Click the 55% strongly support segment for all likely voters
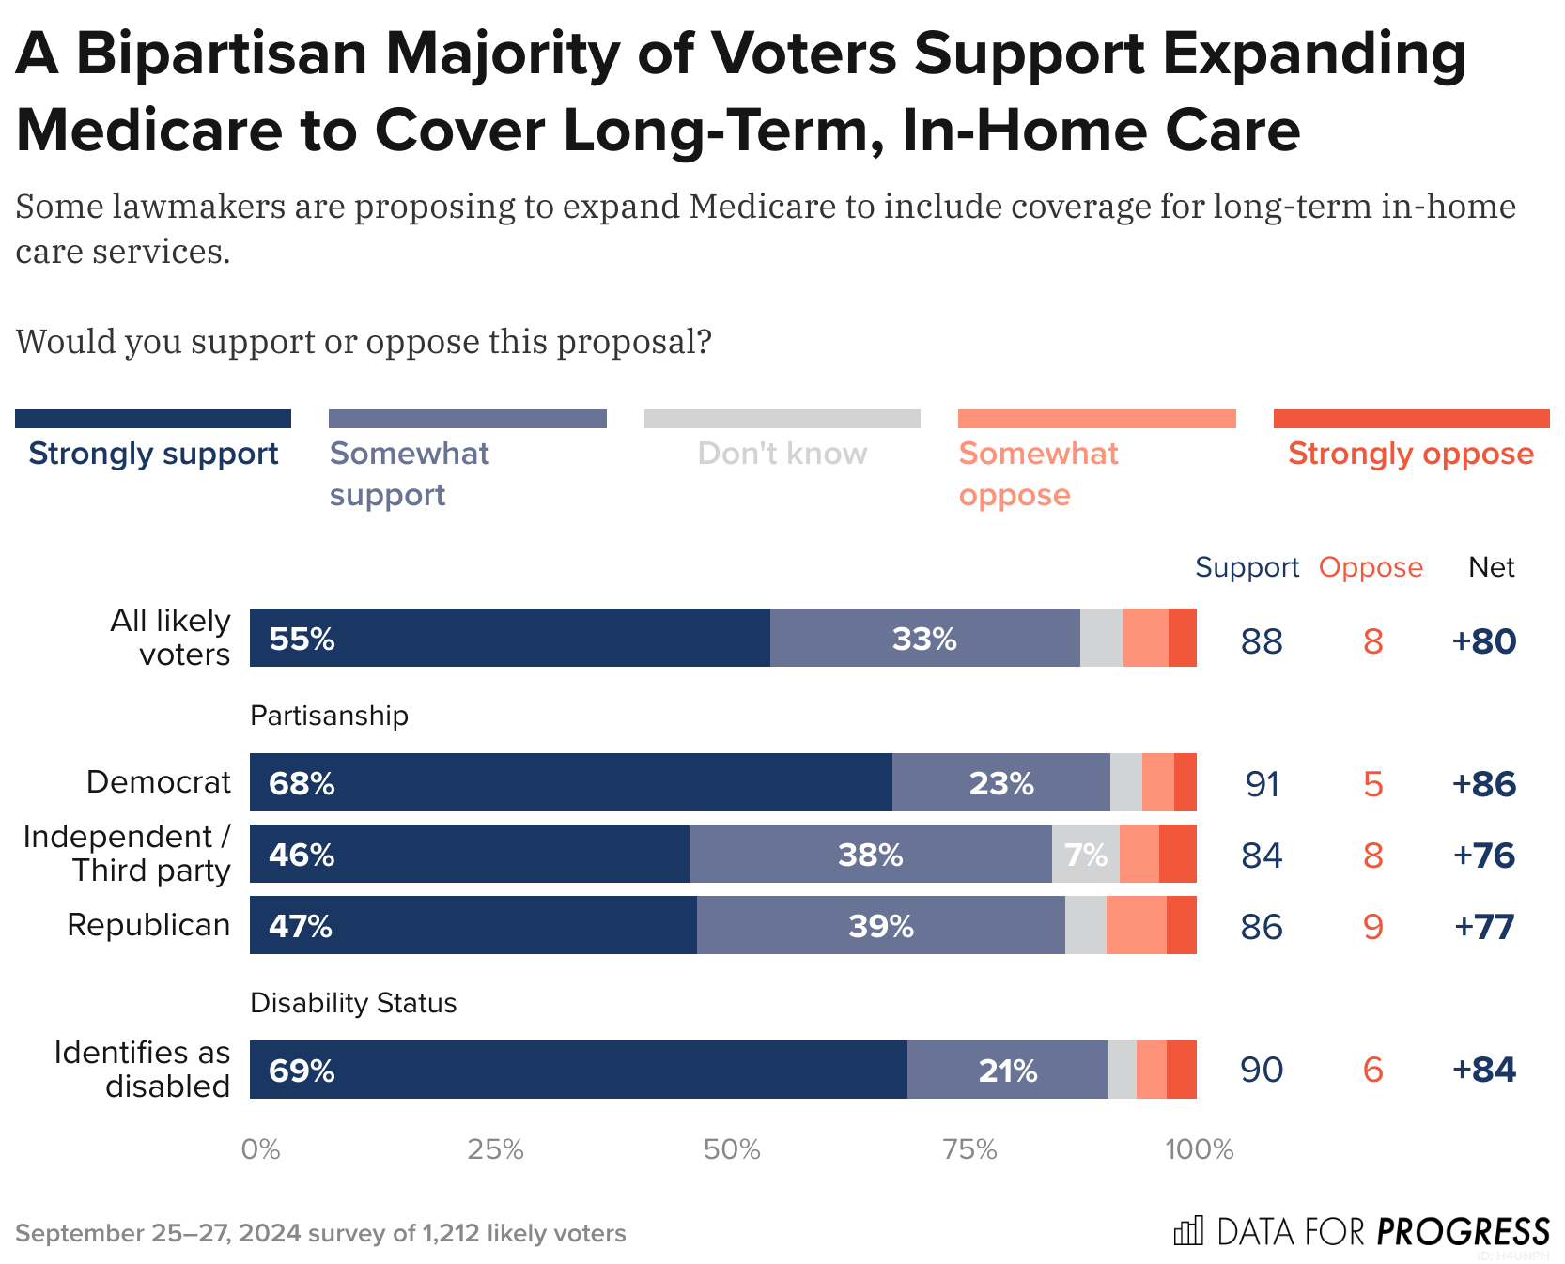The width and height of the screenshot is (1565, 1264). coord(509,639)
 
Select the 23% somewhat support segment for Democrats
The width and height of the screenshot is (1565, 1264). coord(1001,783)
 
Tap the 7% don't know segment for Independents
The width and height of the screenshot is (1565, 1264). coord(1085,855)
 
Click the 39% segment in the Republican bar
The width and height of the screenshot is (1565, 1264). coord(881,926)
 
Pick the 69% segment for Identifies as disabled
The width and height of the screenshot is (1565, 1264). coord(578,1071)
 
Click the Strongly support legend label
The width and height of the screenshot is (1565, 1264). coord(153,454)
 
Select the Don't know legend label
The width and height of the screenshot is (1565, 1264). coord(782,454)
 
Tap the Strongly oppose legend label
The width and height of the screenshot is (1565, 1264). coord(1410,454)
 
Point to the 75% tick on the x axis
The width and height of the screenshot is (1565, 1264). coord(969,1149)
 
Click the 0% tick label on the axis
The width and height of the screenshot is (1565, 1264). coord(260,1149)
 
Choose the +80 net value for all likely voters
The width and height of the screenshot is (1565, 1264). coord(1483,641)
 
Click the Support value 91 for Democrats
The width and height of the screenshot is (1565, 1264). coord(1262,784)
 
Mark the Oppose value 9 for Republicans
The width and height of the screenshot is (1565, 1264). coord(1372,927)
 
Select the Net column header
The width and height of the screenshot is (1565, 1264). coord(1491,567)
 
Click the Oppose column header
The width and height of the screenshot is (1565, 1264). coord(1371,567)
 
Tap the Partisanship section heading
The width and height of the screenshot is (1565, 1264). coord(329,716)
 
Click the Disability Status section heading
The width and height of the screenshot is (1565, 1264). coord(353,1003)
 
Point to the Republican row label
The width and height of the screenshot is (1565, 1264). coord(148,925)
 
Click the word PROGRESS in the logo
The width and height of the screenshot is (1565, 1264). coord(1463,1231)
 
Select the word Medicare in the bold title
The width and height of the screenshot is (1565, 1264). coord(148,131)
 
